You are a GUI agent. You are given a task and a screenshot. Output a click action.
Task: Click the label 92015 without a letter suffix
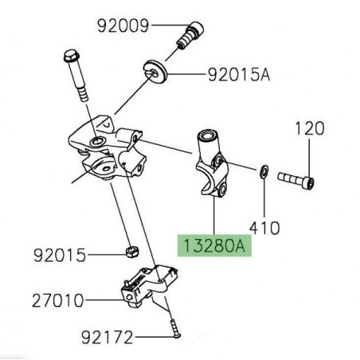tap(58, 256)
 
